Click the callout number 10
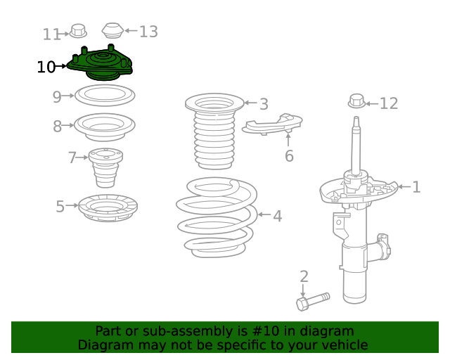(46, 67)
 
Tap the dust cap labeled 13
(112, 31)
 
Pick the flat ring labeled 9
(104, 94)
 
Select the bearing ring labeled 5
(107, 208)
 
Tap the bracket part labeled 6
(273, 124)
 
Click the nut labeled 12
(357, 101)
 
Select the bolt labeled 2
(313, 301)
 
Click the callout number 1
(416, 187)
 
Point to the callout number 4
(278, 217)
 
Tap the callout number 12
(389, 104)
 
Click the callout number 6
(289, 156)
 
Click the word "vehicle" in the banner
(343, 345)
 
